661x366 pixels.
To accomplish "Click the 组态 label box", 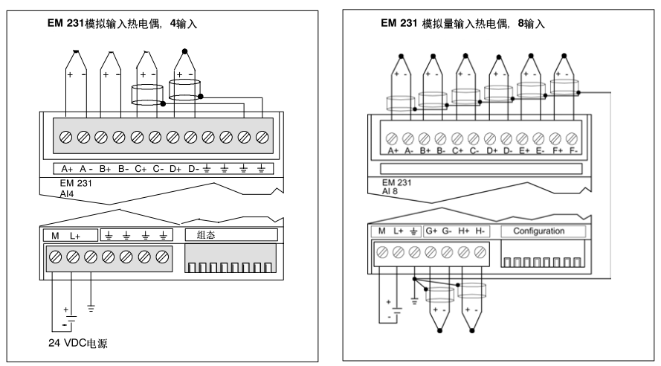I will [x=231, y=234].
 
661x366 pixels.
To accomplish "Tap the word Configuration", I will [x=539, y=231].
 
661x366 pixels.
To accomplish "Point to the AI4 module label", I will [x=68, y=191].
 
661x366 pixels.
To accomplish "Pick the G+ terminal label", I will [x=431, y=231].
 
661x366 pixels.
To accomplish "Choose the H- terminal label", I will [x=481, y=231].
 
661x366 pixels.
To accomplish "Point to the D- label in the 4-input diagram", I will [x=193, y=169].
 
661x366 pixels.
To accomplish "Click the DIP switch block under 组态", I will [x=230, y=266].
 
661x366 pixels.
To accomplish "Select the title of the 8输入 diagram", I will [x=462, y=24].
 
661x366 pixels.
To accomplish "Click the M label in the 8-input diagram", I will [x=381, y=231].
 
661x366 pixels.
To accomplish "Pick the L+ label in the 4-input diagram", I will [x=75, y=235].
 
